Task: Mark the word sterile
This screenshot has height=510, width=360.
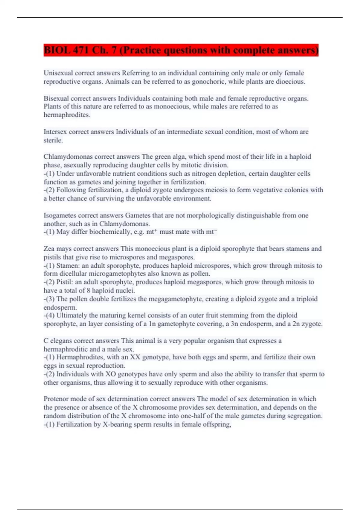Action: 53,140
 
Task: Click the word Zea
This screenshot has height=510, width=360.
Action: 49,248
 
